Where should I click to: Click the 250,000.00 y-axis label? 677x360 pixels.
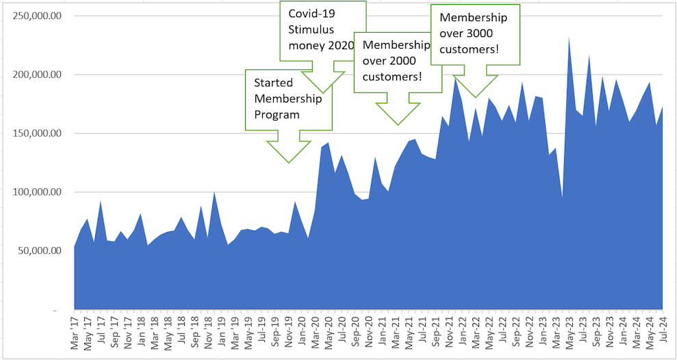[42, 16]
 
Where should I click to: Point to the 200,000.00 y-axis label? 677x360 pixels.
[42, 75]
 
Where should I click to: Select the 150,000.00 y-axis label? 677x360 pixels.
[42, 133]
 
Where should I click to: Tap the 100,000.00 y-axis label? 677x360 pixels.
[42, 192]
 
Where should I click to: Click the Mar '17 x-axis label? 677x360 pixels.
[75, 334]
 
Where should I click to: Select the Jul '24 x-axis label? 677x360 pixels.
[663, 334]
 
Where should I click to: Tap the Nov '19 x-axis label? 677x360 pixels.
[289, 334]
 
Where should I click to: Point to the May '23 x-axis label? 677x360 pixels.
[570, 334]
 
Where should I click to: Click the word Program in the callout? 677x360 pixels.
[277, 114]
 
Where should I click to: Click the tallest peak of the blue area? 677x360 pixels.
[569, 38]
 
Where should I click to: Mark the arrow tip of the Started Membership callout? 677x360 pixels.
[289, 162]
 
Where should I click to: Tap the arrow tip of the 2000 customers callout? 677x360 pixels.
[397, 125]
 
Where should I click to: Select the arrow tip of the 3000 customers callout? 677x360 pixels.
[475, 97]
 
